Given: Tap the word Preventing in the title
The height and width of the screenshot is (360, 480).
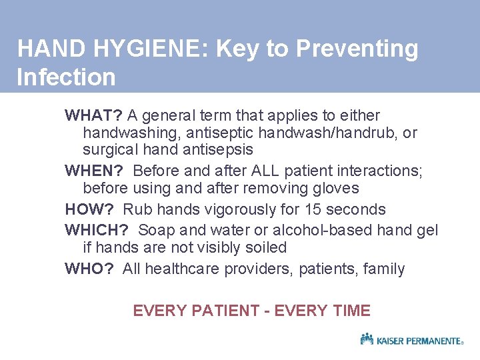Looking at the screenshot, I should pos(357,49).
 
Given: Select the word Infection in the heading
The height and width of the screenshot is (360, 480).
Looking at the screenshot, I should pos(66,77).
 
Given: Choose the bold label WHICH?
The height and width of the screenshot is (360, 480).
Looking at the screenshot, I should pos(97,230).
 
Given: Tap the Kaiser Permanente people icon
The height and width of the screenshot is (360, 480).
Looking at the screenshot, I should pos(367,339).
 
